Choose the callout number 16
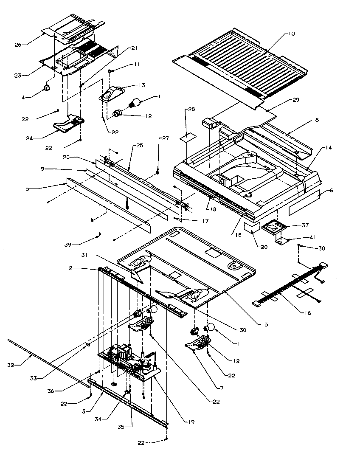[x=307, y=313]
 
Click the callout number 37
[x=305, y=225]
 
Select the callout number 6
[x=331, y=191]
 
